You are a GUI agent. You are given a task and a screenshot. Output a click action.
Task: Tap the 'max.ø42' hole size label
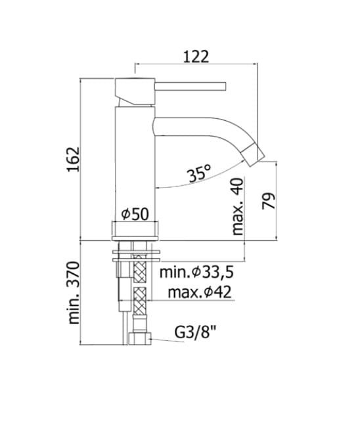pyautogui.click(x=198, y=292)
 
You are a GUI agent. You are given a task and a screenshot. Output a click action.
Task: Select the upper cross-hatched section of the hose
pyautogui.click(x=139, y=270)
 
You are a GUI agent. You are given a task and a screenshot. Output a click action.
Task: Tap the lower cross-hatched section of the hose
pyautogui.click(x=139, y=303)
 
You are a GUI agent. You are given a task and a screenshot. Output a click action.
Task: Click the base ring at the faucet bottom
pyautogui.click(x=135, y=230)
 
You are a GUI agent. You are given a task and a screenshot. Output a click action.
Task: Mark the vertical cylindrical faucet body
pyautogui.click(x=135, y=164)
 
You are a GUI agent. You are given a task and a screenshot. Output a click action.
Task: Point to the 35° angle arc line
pyautogui.click(x=197, y=184)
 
